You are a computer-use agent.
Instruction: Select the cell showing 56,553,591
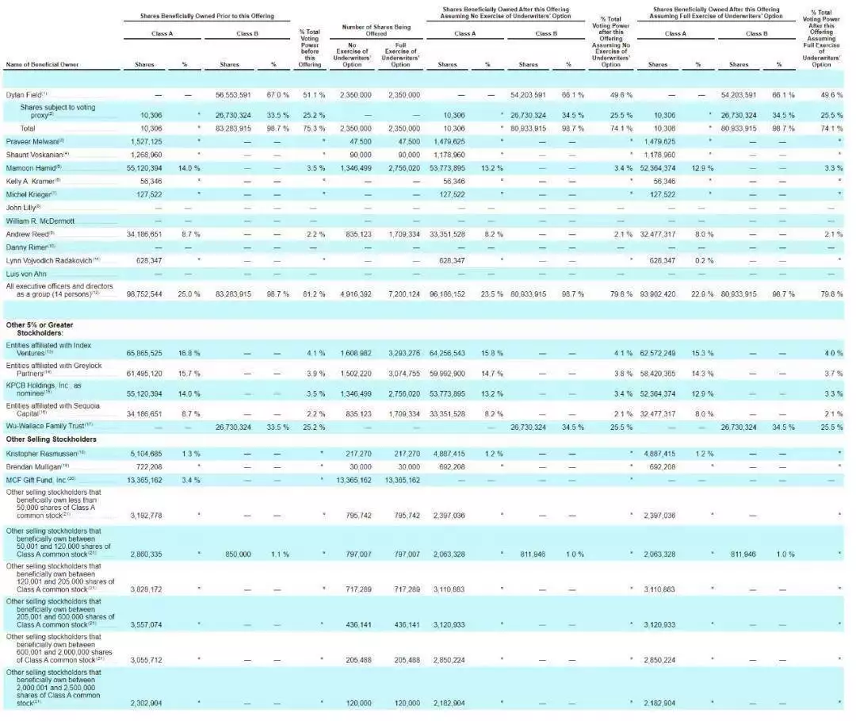[234, 94]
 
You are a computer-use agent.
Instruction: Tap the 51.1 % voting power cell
[310, 94]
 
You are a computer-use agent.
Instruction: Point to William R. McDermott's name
[40, 221]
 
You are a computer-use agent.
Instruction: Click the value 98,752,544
[143, 293]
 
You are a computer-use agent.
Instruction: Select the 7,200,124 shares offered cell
[401, 293]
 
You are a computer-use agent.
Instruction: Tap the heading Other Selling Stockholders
[52, 439]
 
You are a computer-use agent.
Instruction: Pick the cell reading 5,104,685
[145, 452]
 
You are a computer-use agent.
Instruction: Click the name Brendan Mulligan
[37, 466]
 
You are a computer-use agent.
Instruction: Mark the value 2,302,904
[145, 703]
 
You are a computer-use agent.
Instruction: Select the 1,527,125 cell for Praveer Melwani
[145, 140]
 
